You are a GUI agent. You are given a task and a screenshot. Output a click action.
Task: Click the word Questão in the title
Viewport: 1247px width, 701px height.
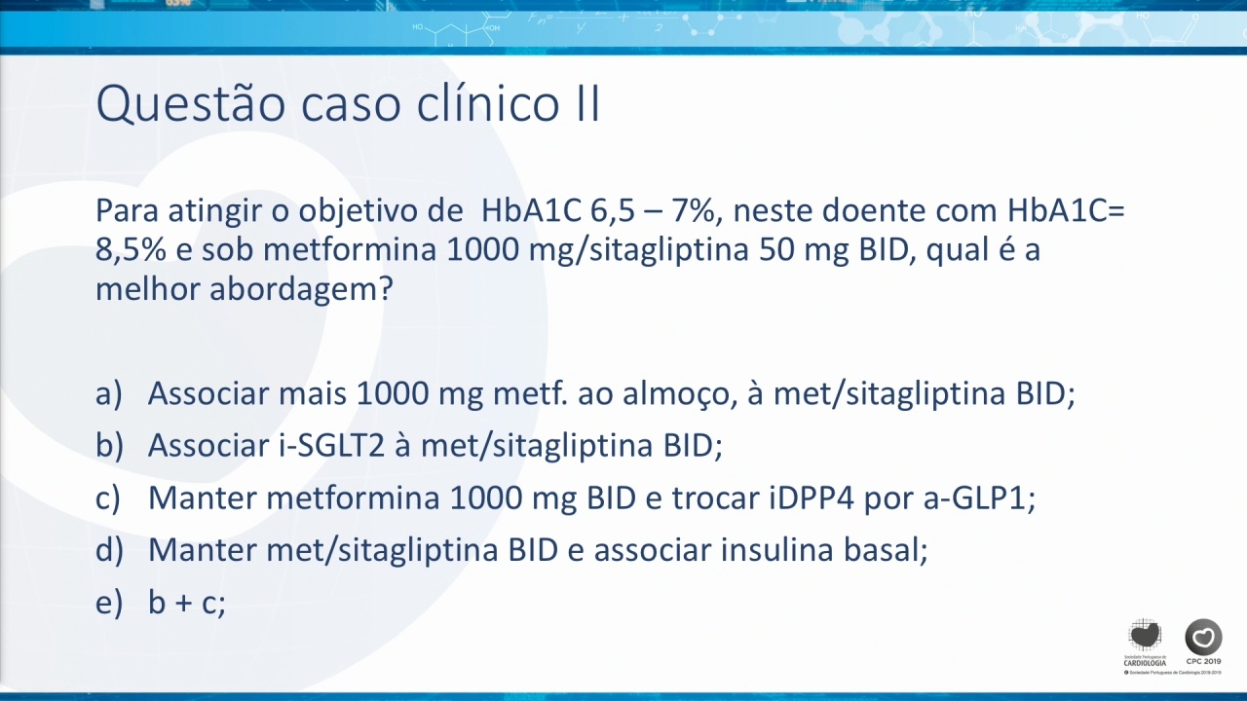(x=191, y=104)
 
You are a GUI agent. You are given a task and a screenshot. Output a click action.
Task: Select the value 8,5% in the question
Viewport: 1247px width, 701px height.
(x=131, y=250)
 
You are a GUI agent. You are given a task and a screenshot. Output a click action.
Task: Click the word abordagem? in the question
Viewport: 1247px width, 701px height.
(x=301, y=290)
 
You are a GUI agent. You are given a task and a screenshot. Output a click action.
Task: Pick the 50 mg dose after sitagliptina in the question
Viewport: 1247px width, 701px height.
(x=804, y=251)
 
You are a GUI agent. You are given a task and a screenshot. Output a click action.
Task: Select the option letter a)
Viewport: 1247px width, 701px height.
(x=108, y=394)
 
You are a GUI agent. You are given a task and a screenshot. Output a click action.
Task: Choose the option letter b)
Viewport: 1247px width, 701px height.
(x=109, y=446)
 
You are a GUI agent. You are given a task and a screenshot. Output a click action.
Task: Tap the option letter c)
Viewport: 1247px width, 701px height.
(x=108, y=498)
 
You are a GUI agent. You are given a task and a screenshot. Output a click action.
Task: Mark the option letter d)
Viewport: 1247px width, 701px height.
(x=109, y=550)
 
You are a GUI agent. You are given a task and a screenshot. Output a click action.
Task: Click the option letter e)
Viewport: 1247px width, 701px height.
(x=108, y=603)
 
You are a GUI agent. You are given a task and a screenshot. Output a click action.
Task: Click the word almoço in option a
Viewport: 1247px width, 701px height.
(x=679, y=394)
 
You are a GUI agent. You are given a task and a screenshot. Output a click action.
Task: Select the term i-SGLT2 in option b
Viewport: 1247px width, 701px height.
(x=332, y=446)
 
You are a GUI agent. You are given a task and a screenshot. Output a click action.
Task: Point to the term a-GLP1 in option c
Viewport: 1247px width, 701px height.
(x=979, y=498)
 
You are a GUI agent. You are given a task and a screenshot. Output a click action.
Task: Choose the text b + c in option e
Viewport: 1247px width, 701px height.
(x=186, y=602)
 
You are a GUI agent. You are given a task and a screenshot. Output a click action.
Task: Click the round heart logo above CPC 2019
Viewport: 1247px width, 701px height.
(x=1203, y=637)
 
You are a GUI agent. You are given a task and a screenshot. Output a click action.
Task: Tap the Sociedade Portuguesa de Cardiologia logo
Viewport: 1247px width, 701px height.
(x=1145, y=649)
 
